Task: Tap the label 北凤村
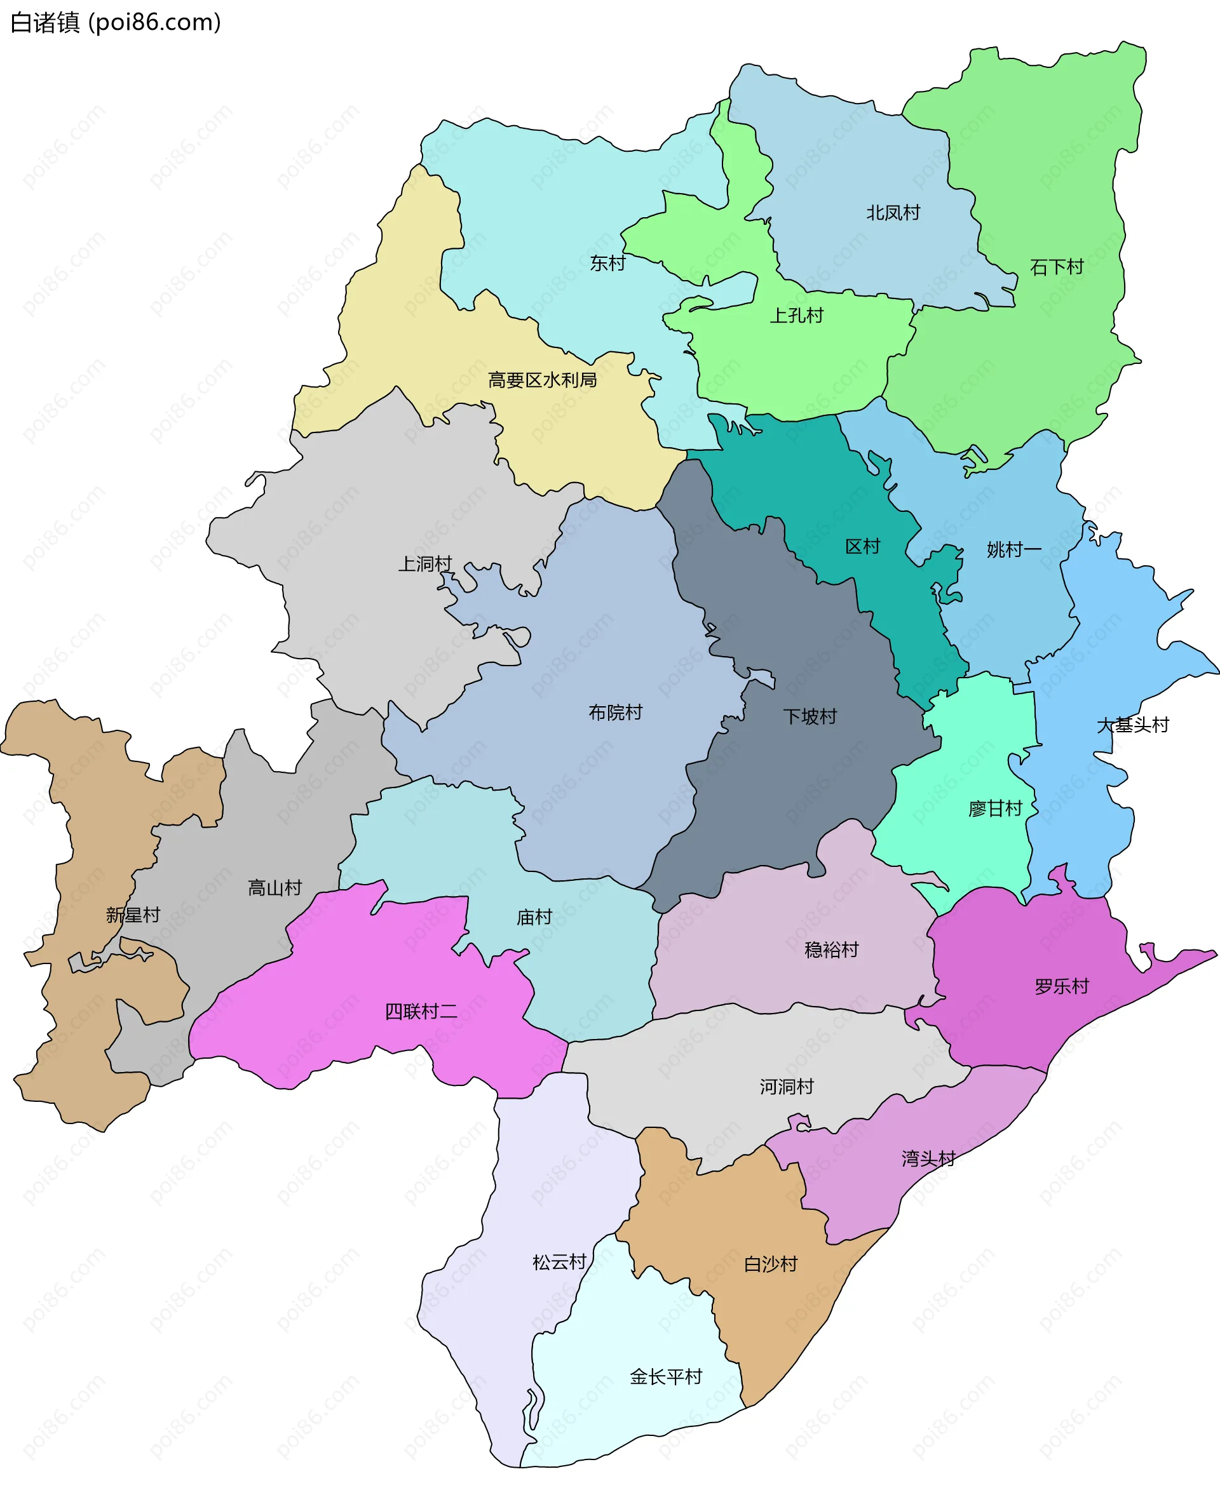(893, 213)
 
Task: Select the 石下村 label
(1056, 267)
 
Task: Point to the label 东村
(607, 264)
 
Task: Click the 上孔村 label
(796, 316)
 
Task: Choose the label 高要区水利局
(542, 380)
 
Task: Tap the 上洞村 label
(424, 563)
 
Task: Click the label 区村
(862, 547)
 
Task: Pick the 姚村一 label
(1013, 549)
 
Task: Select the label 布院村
(615, 713)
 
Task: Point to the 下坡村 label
(810, 716)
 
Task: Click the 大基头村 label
(1132, 725)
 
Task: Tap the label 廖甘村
(994, 808)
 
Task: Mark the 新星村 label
(133, 915)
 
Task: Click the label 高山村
(274, 888)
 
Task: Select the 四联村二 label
(421, 1012)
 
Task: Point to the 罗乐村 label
(1061, 986)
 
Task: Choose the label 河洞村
(787, 1087)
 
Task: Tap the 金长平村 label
(665, 1376)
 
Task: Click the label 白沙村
(770, 1264)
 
